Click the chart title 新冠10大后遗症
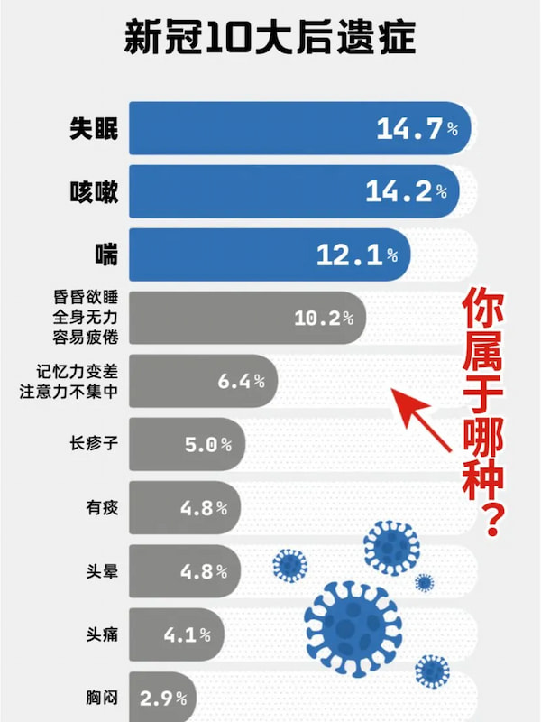click(x=270, y=42)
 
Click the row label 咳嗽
click(x=94, y=191)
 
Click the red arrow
click(x=423, y=420)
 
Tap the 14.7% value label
click(x=417, y=129)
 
